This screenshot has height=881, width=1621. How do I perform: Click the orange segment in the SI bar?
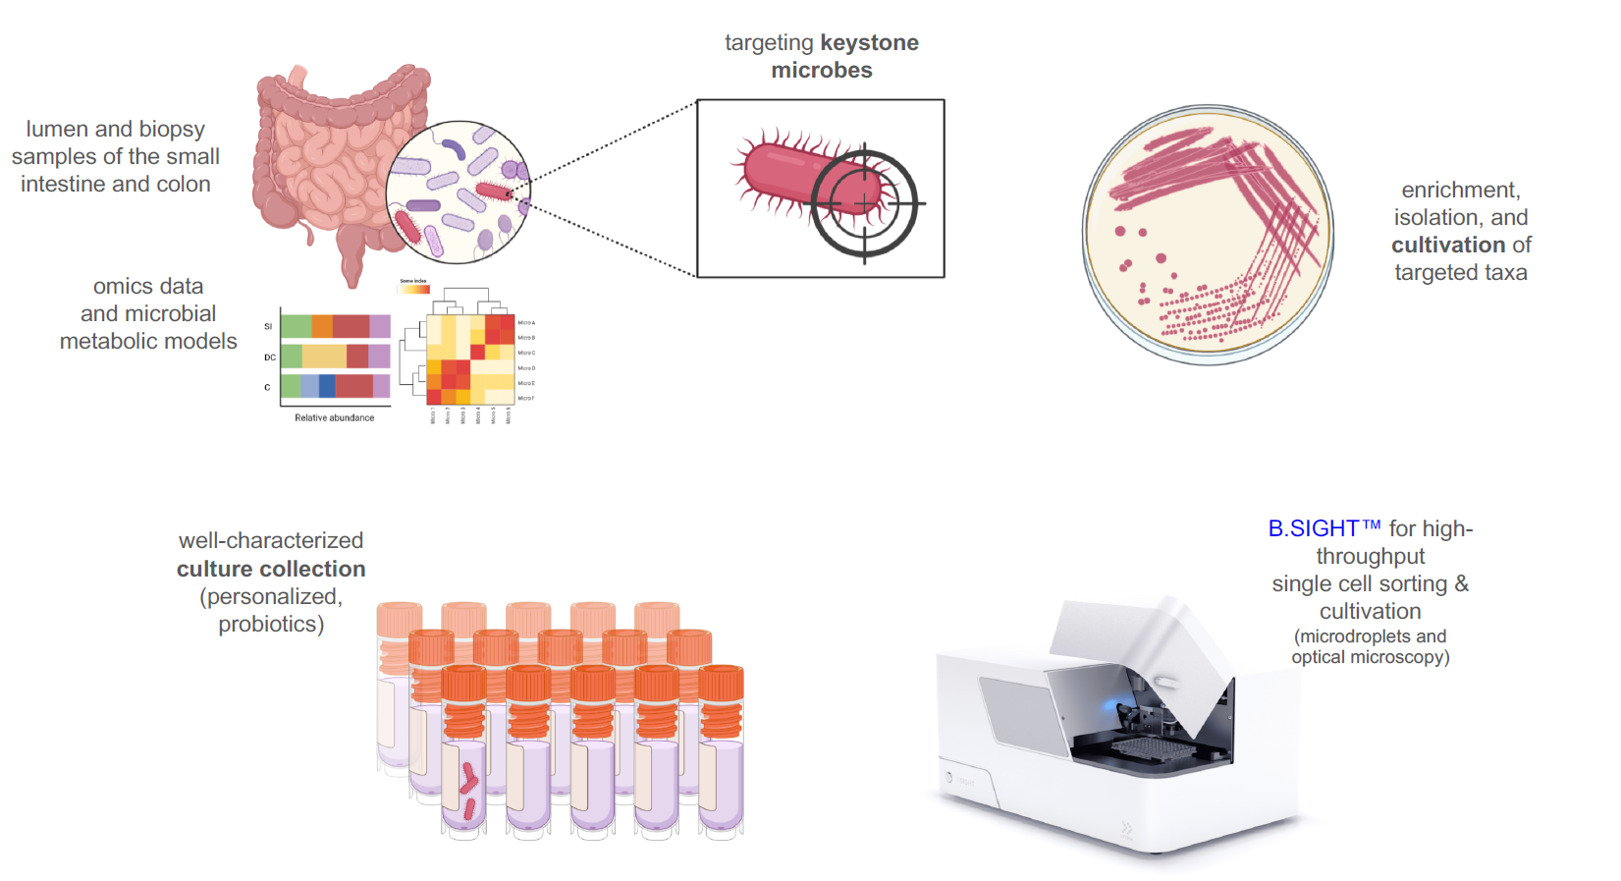point(322,326)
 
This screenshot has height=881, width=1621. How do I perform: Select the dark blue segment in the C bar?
point(327,386)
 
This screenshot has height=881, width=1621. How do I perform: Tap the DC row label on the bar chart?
point(270,358)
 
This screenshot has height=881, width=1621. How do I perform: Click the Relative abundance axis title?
point(335,417)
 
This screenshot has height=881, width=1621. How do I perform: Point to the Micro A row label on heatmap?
point(526,322)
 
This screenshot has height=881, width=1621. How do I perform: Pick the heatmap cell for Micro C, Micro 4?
point(477,353)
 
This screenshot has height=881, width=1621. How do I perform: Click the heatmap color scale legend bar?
point(413,289)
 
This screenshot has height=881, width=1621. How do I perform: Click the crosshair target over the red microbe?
point(864,203)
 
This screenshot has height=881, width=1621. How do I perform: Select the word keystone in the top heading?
point(869,43)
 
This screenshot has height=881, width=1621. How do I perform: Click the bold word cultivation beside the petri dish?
point(1447,245)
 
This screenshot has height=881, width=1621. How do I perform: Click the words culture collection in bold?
point(271,569)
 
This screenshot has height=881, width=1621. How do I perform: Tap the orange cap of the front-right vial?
point(722,683)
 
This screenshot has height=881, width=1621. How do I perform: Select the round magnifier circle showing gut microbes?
point(458,192)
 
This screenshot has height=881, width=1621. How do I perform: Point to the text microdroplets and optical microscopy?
point(1370,646)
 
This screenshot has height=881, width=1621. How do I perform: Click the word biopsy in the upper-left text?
point(172,130)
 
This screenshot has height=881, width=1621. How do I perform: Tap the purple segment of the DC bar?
point(379,357)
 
